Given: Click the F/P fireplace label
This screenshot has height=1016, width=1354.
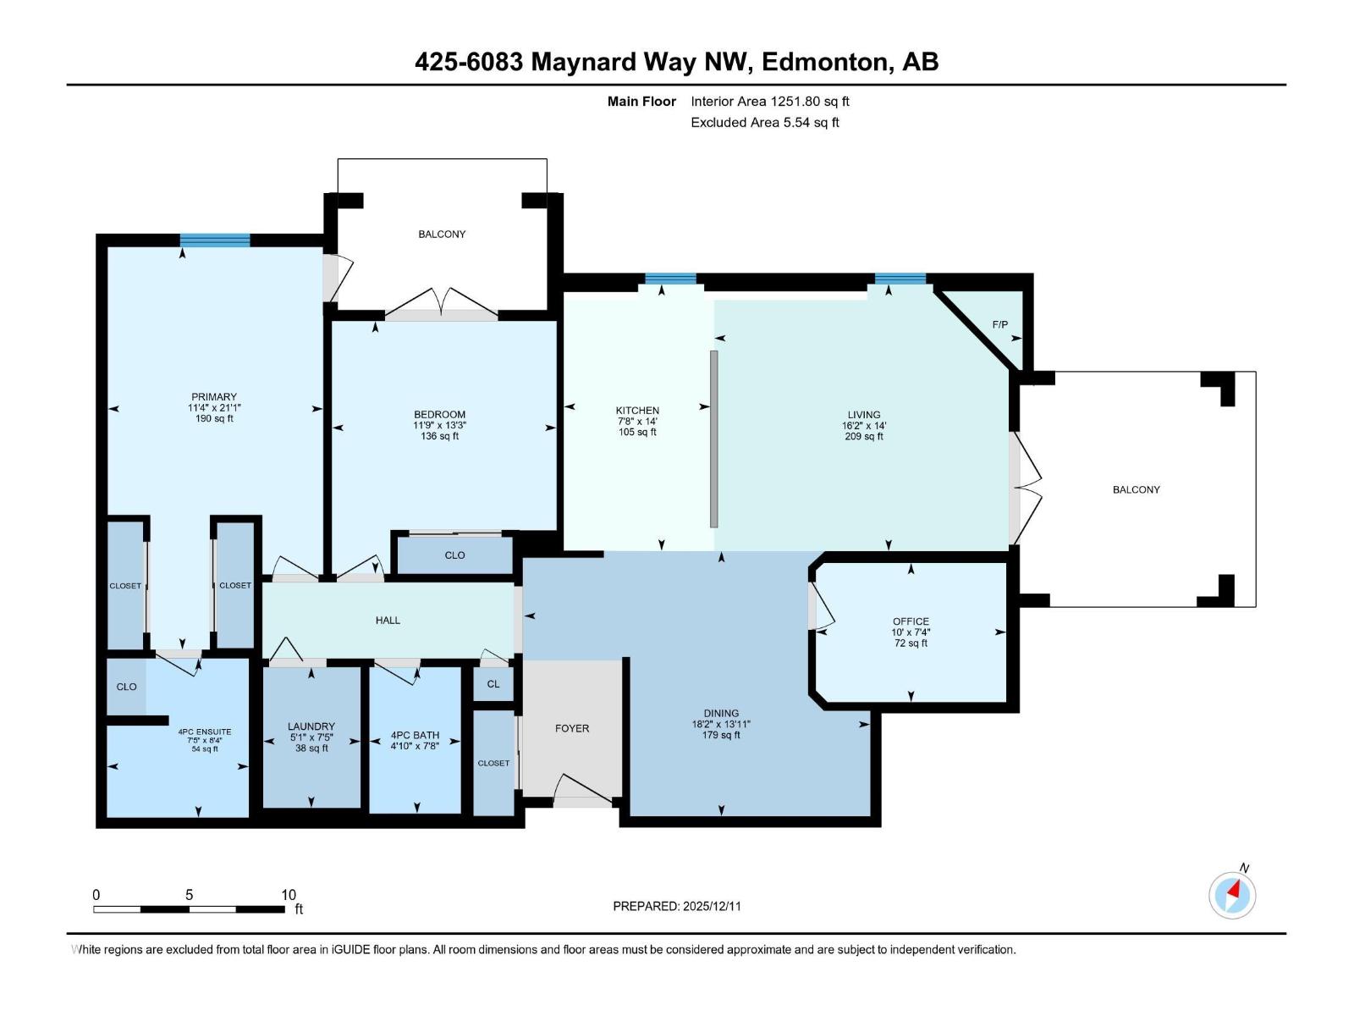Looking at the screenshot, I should pyautogui.click(x=999, y=324).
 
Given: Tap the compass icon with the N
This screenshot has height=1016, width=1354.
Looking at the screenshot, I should pyautogui.click(x=1233, y=894).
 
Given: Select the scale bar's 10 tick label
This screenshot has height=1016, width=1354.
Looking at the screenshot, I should pyautogui.click(x=289, y=895).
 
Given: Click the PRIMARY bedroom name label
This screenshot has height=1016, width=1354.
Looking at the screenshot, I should pyautogui.click(x=214, y=396).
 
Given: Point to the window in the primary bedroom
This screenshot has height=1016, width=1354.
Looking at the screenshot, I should pyautogui.click(x=215, y=240).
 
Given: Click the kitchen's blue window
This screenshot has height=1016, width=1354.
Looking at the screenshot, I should pyautogui.click(x=670, y=279).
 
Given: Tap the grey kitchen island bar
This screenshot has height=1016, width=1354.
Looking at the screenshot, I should pyautogui.click(x=714, y=439).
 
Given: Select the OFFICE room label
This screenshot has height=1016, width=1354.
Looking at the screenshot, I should pyautogui.click(x=911, y=621).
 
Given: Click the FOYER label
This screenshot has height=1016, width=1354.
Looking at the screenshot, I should pyautogui.click(x=572, y=728).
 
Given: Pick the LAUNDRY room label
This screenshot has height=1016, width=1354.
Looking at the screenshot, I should pyautogui.click(x=311, y=726).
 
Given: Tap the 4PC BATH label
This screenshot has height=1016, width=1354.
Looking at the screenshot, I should pyautogui.click(x=415, y=735).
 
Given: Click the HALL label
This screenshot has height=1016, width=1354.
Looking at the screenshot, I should pyautogui.click(x=388, y=620).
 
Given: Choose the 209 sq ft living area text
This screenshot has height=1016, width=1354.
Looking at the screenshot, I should pyautogui.click(x=864, y=437).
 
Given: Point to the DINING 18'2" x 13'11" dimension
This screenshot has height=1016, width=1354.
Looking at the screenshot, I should pyautogui.click(x=721, y=724).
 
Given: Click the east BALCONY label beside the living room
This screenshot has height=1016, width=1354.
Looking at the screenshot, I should pyautogui.click(x=1136, y=489).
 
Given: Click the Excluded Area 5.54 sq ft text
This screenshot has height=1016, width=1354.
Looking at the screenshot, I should pyautogui.click(x=764, y=122).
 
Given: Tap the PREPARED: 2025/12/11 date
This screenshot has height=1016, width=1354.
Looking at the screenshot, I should pyautogui.click(x=677, y=906).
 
